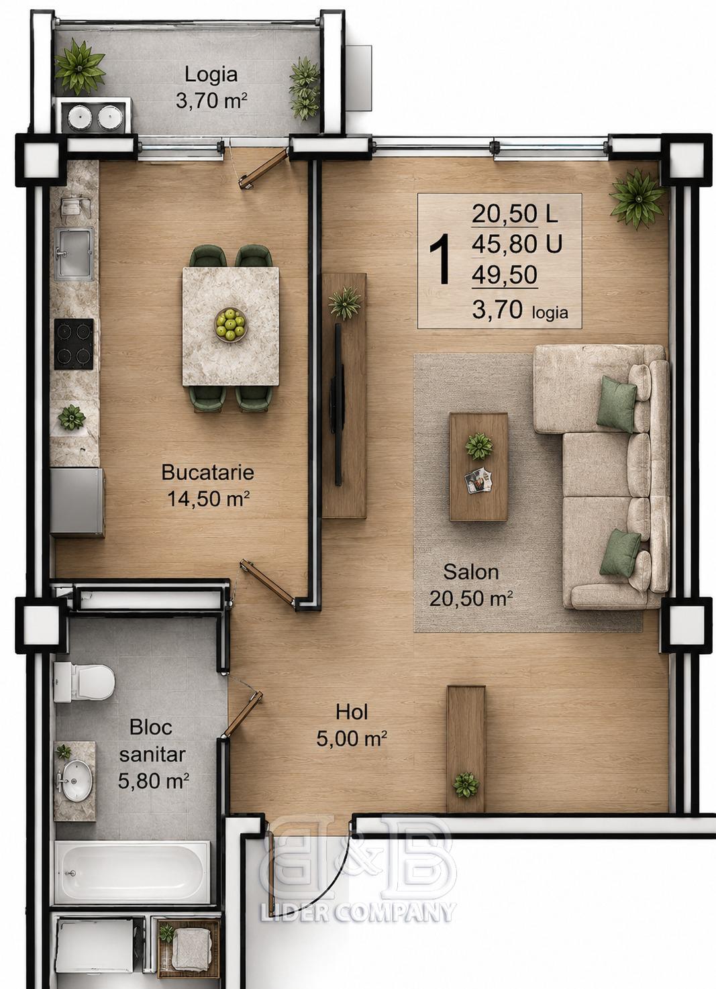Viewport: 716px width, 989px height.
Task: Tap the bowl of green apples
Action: coord(231,324)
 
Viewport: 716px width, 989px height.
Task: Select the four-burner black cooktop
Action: coord(74,344)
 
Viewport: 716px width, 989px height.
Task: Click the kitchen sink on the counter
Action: coord(74,254)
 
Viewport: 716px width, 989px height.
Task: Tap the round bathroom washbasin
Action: coord(76,780)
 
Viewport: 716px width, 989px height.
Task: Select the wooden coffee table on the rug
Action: coord(478,466)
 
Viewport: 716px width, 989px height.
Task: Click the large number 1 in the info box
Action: coord(440,260)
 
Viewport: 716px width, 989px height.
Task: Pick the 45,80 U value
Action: coord(517,244)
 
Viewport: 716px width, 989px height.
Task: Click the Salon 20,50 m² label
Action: coord(471,585)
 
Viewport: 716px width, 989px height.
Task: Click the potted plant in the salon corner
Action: coord(637,199)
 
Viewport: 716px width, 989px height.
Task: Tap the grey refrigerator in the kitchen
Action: coord(77,503)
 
